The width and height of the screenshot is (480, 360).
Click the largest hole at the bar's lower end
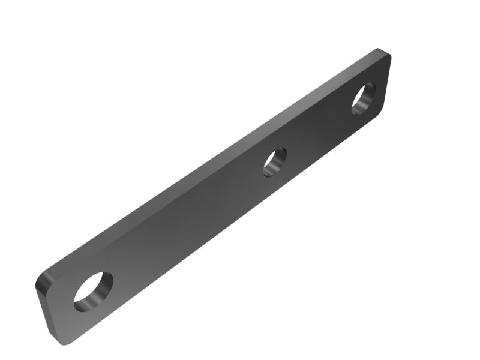point(93,291)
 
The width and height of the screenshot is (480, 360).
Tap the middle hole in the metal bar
point(274,161)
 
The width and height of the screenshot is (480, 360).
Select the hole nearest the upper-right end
point(363,98)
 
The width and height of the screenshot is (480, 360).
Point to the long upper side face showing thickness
point(210,159)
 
